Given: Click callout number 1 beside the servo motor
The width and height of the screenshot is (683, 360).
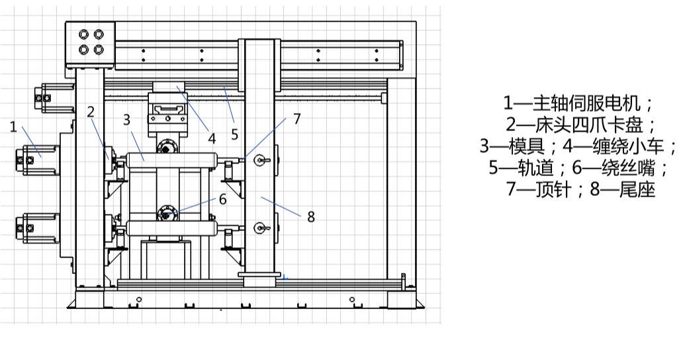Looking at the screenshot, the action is [x=13, y=127].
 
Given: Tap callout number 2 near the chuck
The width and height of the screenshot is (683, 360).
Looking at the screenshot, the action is [x=91, y=112].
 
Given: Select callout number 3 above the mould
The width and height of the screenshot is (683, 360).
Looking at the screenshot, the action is [x=127, y=119].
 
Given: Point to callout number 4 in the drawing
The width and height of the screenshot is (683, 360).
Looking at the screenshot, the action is [x=212, y=138].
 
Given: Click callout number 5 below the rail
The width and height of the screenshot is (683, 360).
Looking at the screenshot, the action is [x=235, y=134].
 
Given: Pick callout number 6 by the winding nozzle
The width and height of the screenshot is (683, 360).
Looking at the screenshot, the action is [x=222, y=199].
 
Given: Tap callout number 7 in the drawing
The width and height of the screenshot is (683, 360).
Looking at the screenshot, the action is [x=296, y=119].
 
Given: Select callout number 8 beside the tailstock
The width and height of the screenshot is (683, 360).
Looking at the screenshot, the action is [x=311, y=216].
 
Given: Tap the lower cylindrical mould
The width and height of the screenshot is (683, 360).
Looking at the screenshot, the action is [x=171, y=228].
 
